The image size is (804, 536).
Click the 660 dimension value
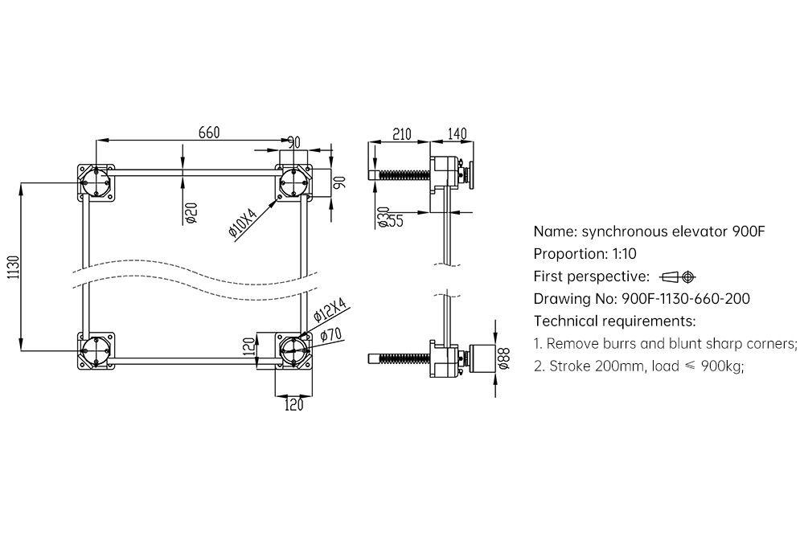pos(208,133)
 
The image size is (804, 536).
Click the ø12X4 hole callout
pos(330,311)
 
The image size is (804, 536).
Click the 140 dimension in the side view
pos(456,133)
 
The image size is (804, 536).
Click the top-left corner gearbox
pos(96,181)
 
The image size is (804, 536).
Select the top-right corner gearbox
pos(293,182)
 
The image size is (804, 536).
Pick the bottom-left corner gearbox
pos(96,350)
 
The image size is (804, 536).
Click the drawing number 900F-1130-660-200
pos(686,299)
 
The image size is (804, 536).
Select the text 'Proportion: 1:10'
pos(585,254)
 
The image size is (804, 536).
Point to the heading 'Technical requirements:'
pos(614,321)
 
